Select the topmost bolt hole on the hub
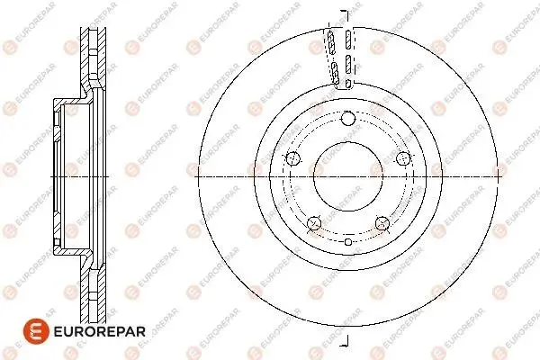(x=348, y=119)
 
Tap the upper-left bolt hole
(x=293, y=158)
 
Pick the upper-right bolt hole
(x=403, y=158)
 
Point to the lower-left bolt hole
(x=314, y=223)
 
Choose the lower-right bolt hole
(x=382, y=223)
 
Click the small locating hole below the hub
(x=348, y=242)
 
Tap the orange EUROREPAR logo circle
(x=36, y=331)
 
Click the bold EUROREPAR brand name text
(x=100, y=332)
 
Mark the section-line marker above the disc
(x=346, y=14)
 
